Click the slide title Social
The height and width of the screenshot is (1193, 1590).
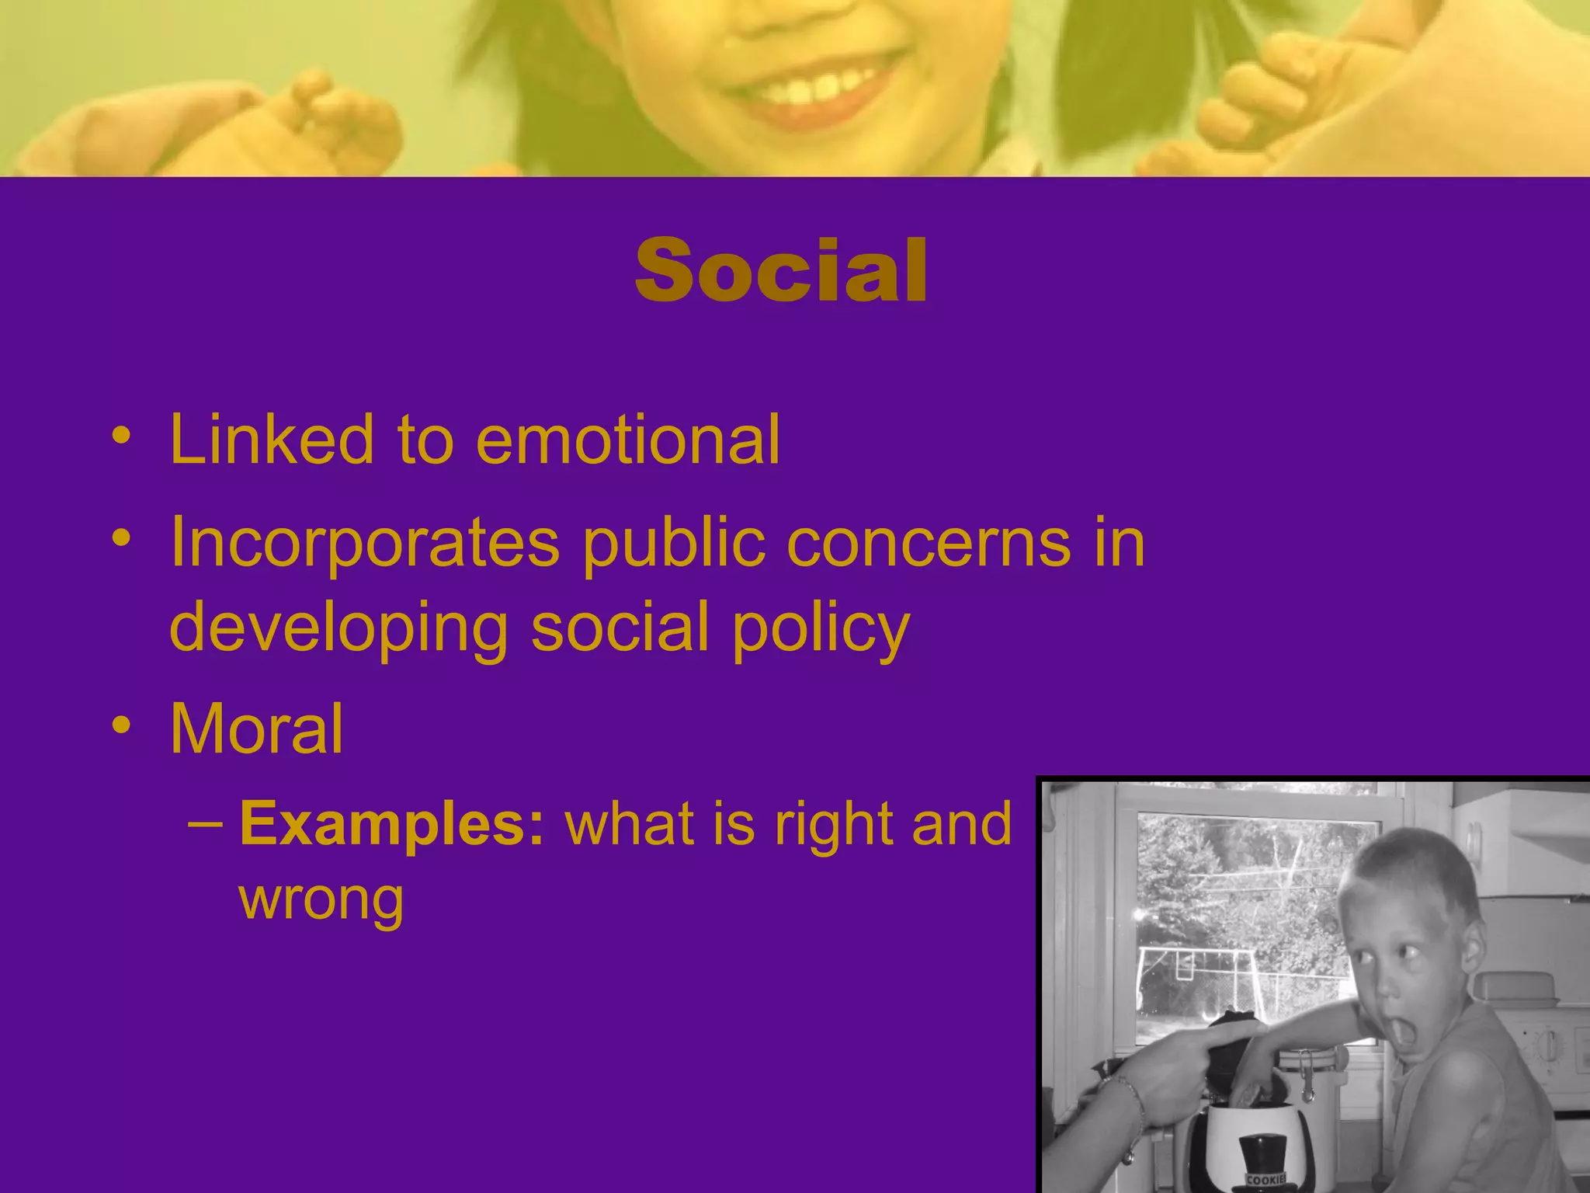[x=781, y=270]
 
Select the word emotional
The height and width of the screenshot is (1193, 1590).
[x=627, y=440]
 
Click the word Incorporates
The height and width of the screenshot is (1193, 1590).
[x=365, y=544]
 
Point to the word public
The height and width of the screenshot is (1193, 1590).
[x=674, y=544]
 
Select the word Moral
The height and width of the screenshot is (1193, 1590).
[x=256, y=729]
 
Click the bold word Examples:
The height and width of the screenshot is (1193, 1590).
[x=393, y=823]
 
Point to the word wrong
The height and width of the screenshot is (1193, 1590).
[x=321, y=899]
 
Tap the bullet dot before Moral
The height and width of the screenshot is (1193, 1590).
[x=121, y=725]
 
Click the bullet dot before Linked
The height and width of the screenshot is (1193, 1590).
[x=121, y=437]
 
